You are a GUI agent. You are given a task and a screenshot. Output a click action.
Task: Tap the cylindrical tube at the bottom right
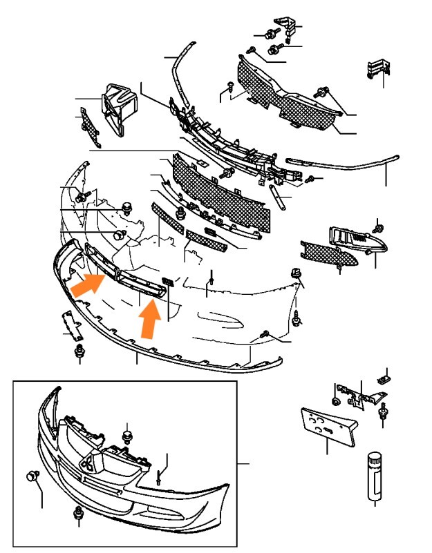point(375,476)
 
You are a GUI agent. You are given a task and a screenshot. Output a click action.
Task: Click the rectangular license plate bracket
point(328,427)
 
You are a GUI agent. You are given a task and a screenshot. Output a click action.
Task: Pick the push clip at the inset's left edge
point(31,475)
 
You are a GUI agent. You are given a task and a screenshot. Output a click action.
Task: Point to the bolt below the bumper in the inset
point(77,513)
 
